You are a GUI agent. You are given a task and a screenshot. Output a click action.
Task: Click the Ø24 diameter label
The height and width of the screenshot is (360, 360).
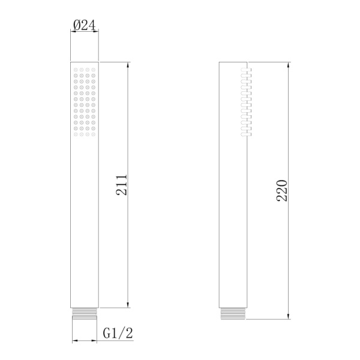(85, 25)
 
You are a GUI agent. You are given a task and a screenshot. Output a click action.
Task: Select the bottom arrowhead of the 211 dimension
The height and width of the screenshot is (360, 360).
(128, 305)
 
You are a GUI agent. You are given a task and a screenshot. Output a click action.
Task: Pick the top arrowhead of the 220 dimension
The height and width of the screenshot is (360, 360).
(289, 64)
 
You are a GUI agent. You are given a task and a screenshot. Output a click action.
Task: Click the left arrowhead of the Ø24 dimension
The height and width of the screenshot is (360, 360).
(74, 32)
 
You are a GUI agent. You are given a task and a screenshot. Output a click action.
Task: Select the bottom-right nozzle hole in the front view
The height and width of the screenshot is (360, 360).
(94, 134)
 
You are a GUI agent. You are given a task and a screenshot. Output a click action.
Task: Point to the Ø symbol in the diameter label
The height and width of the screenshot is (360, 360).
(76, 25)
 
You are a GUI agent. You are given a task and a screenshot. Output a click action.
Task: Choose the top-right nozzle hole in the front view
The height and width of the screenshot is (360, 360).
(94, 70)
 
